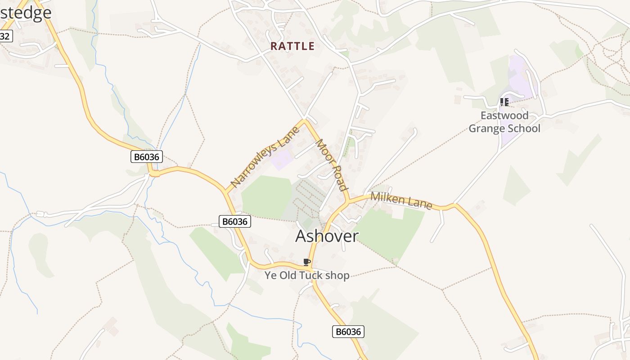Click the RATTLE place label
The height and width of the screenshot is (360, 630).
click(292, 46)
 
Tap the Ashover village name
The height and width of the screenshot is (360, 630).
click(327, 236)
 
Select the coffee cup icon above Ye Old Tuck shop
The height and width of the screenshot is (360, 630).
click(307, 262)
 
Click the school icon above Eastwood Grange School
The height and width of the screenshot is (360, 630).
click(504, 102)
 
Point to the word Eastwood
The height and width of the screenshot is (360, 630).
click(504, 116)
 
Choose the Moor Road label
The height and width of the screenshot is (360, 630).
click(331, 165)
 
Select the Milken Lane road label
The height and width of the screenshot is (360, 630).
click(401, 201)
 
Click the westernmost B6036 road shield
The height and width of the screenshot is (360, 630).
click(147, 157)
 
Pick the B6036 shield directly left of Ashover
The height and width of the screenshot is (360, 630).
click(234, 221)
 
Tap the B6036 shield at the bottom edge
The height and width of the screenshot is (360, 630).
click(348, 332)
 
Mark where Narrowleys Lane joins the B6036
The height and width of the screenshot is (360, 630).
click(225, 191)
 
